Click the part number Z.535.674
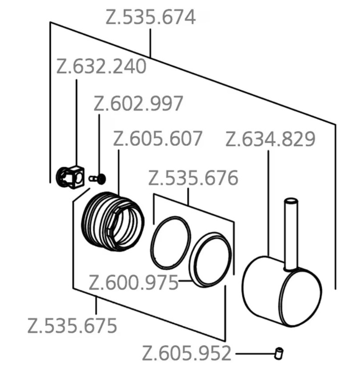pyautogui.click(x=150, y=17)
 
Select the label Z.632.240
pyautogui.click(x=101, y=67)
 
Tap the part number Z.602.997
pyautogui.click(x=138, y=104)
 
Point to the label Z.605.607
pyautogui.click(x=158, y=139)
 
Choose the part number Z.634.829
pyautogui.click(x=271, y=139)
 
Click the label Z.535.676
pyautogui.click(x=193, y=178)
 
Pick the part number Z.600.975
pyautogui.click(x=134, y=283)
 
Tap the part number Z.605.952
pyautogui.click(x=187, y=354)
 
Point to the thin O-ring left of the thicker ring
pyautogui.click(x=171, y=243)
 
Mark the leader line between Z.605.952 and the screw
pyautogui.click(x=253, y=354)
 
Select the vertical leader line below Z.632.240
pyautogui.click(x=77, y=120)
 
